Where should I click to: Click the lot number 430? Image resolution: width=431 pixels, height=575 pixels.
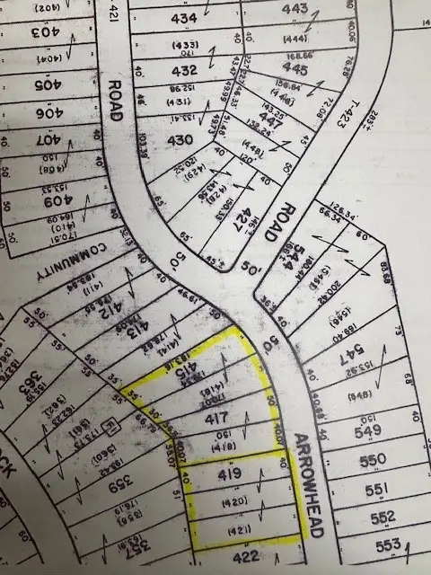tap(181, 140)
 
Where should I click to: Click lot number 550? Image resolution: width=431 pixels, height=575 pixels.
tap(383, 461)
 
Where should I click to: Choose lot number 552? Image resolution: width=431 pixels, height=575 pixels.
tap(383, 517)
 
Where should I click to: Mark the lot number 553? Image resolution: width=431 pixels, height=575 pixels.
tap(386, 545)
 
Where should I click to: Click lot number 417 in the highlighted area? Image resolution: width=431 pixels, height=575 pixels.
tap(219, 419)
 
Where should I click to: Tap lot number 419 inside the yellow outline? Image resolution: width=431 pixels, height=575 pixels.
tap(224, 471)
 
